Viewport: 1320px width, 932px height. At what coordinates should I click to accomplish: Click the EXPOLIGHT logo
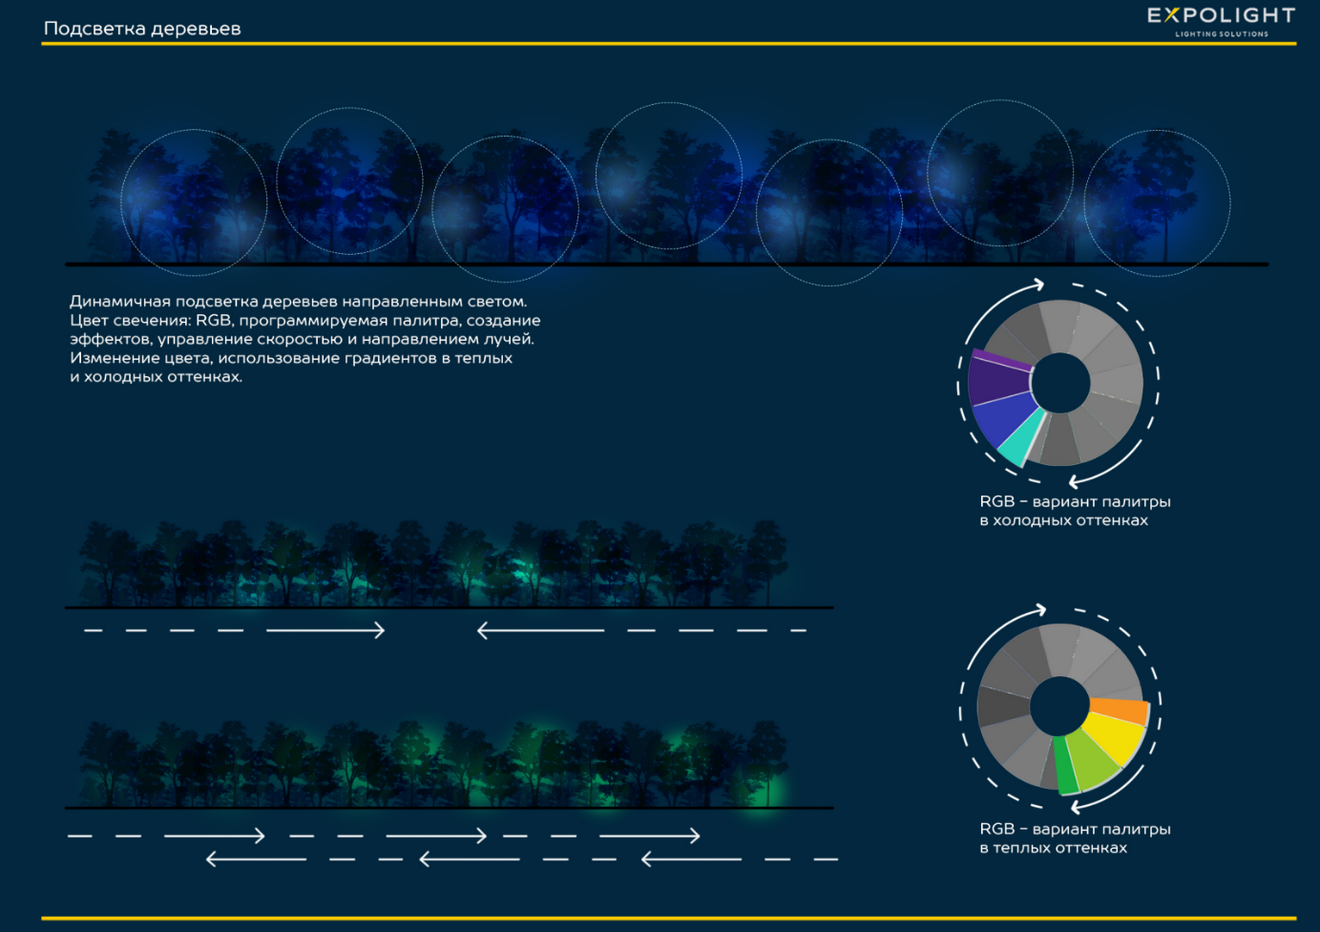pos(1221,20)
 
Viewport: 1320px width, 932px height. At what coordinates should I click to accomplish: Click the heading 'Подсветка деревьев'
pos(142,29)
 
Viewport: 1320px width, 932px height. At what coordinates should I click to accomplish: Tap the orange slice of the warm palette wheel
pos(1119,710)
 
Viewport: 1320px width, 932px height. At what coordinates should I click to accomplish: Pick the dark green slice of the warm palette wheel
pos(1065,765)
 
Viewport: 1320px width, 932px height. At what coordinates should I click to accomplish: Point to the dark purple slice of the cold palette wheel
pos(997,380)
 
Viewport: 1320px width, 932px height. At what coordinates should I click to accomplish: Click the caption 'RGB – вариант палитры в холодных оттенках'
pos(1074,511)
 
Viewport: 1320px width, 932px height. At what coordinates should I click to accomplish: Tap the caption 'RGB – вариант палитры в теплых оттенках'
pos(1074,838)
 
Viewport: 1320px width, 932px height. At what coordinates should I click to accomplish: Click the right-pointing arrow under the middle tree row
pos(325,630)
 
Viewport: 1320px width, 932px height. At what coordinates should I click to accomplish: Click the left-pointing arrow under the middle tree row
pos(540,630)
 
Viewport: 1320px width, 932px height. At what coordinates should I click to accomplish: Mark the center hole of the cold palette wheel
pos(1060,383)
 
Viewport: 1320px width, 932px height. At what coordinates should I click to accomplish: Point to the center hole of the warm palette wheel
pos(1059,707)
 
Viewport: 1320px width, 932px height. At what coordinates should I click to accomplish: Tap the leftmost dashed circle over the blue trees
pos(194,202)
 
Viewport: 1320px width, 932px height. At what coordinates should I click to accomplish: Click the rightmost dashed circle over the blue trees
pos(1157,202)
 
